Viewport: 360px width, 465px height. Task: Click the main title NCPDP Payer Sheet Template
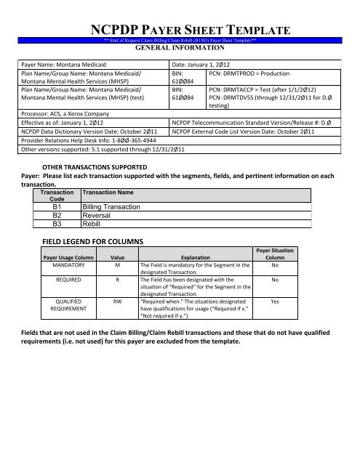tap(191, 30)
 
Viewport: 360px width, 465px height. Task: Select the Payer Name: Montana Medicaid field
tap(63, 65)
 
